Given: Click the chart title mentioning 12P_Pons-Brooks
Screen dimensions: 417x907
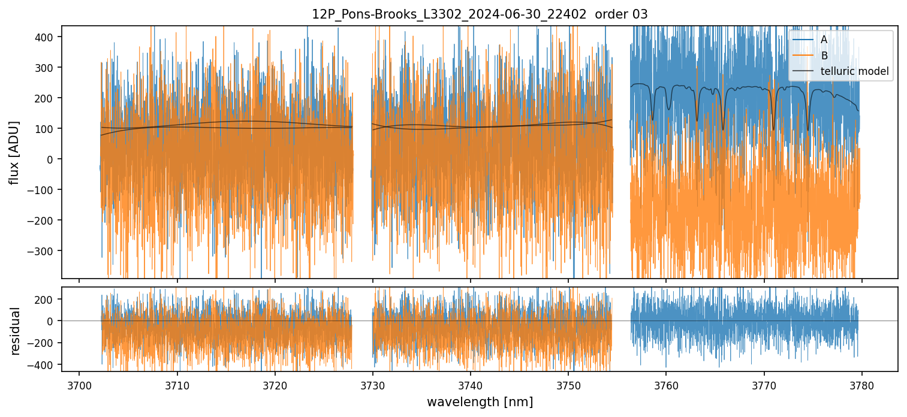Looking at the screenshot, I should pyautogui.click(x=480, y=14).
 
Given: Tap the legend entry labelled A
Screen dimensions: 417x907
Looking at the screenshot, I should pyautogui.click(x=824, y=40).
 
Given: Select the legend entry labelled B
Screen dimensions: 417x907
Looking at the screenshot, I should pyautogui.click(x=824, y=56).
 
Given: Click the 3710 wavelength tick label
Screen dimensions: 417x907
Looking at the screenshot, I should pyautogui.click(x=177, y=384).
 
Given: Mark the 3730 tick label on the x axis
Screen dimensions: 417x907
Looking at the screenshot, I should pyautogui.click(x=373, y=384).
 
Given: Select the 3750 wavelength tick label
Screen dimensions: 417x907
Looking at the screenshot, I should pyautogui.click(x=568, y=384).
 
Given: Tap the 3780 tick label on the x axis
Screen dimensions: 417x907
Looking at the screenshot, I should pyautogui.click(x=862, y=384).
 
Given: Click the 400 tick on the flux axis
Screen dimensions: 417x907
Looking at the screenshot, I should pyautogui.click(x=46, y=37).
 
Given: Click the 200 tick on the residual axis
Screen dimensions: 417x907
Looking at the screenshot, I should pyautogui.click(x=46, y=299).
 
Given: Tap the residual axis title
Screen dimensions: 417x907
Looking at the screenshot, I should pyautogui.click(x=16, y=331).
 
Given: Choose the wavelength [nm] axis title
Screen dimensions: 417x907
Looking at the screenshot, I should pyautogui.click(x=480, y=401).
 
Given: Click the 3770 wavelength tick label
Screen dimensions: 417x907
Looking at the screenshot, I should pyautogui.click(x=764, y=384).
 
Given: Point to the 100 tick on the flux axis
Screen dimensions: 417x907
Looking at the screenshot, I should pyautogui.click(x=46, y=128).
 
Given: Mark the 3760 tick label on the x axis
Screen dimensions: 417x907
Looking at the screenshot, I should pyautogui.click(x=667, y=384).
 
